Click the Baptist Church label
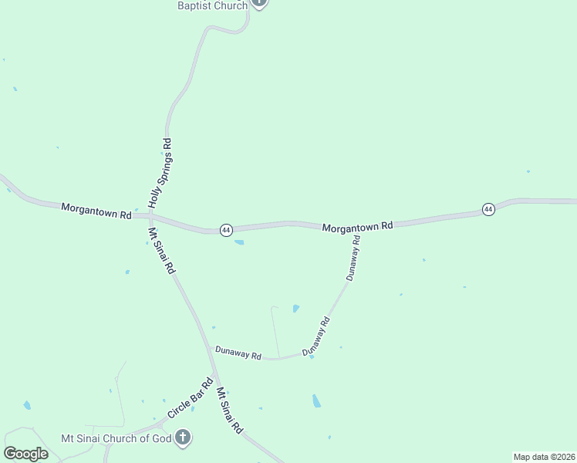pos(212,5)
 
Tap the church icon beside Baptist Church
pos(259,3)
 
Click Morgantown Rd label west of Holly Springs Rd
pos(96,210)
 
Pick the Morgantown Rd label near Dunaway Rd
pos(357,227)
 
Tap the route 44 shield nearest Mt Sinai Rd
pos(225,230)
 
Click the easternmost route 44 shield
pos(488,209)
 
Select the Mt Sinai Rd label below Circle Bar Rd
pos(230,410)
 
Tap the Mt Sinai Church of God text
pos(116,438)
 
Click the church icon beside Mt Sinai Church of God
pos(183,438)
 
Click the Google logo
pos(25,454)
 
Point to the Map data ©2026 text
pos(544,457)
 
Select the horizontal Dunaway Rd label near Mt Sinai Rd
pos(238,354)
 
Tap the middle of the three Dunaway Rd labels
pos(315,336)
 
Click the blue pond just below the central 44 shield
pos(239,243)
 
